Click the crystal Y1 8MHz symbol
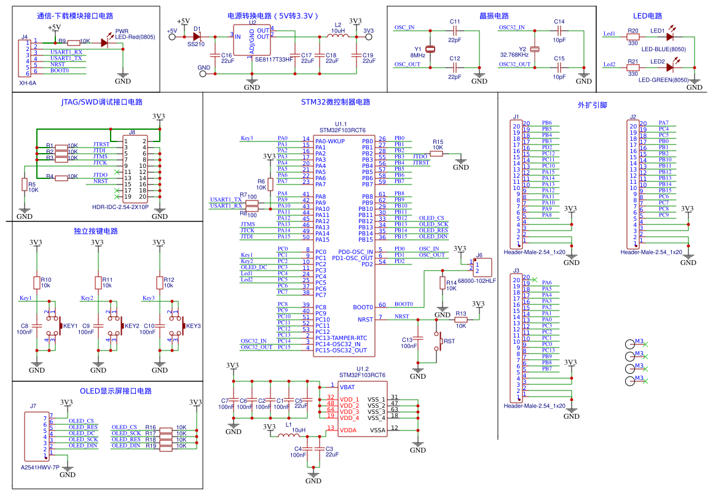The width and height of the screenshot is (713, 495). pyautogui.click(x=430, y=49)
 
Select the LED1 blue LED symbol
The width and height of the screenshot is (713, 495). pyautogui.click(x=669, y=36)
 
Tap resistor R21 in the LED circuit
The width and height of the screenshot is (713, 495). pyautogui.click(x=632, y=65)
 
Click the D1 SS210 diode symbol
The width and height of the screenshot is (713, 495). pyautogui.click(x=197, y=36)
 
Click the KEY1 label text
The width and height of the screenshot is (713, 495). pyautogui.click(x=71, y=326)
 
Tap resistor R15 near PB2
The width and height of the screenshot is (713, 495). pyautogui.click(x=437, y=154)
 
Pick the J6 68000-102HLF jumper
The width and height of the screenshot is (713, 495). pyautogui.click(x=483, y=267)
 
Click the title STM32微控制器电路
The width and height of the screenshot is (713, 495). pyautogui.click(x=336, y=102)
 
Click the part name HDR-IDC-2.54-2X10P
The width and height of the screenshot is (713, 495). pyautogui.click(x=120, y=207)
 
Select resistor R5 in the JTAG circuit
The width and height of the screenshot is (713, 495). pyautogui.click(x=25, y=184)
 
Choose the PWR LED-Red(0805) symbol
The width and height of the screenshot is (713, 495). pyautogui.click(x=104, y=42)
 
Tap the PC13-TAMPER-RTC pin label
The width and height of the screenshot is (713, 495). pyautogui.click(x=341, y=338)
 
